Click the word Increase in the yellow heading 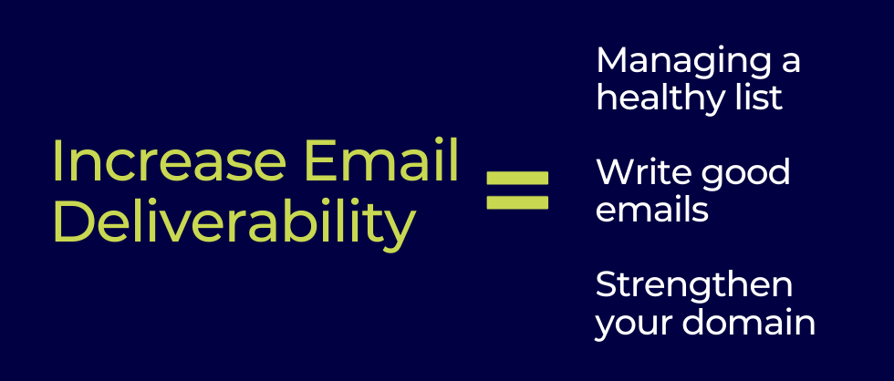pos(170,160)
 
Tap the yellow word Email pos(382,160)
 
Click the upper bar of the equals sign pos(517,179)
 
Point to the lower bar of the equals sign pos(517,202)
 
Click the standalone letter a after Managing pos(789,64)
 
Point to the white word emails pos(652,209)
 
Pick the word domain pos(749,322)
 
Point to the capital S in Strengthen pos(608,284)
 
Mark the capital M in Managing pos(612,60)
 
